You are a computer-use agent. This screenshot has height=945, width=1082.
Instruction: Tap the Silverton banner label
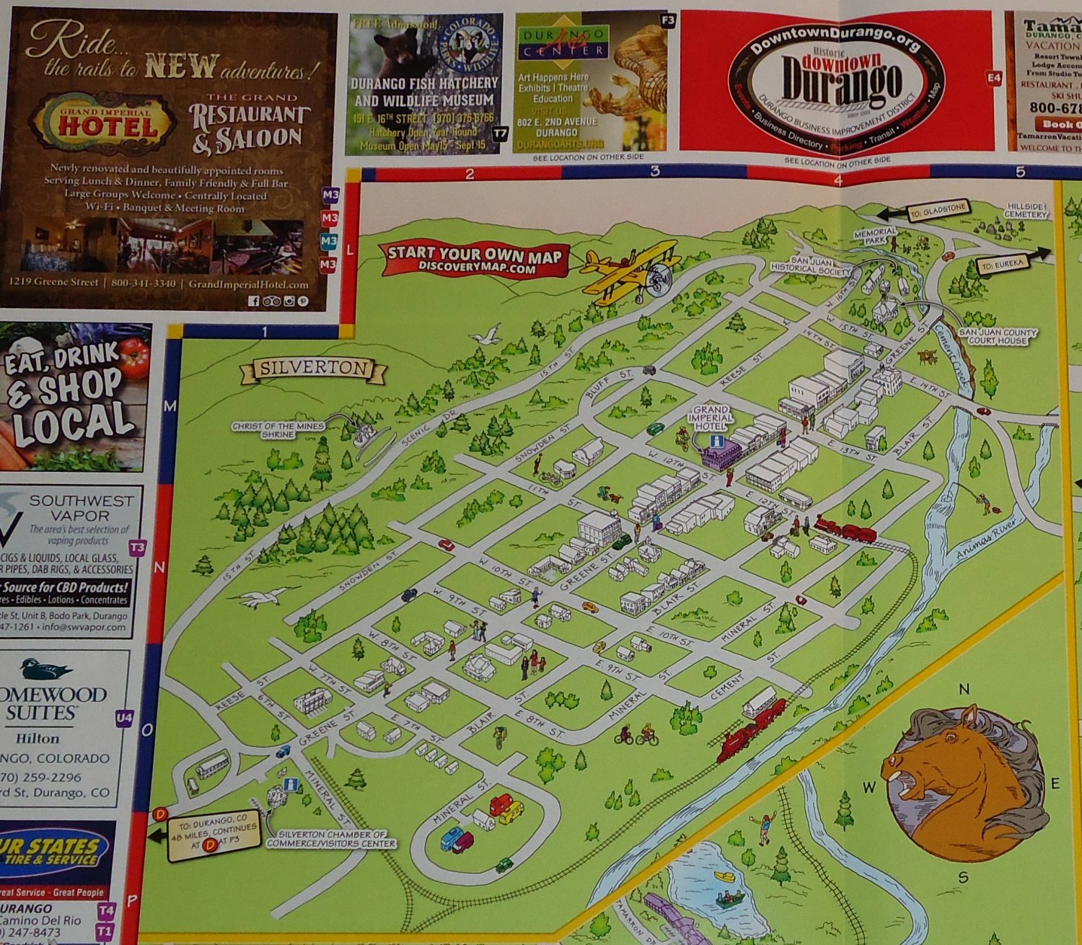313,368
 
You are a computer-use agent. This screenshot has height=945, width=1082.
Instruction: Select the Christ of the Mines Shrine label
278,430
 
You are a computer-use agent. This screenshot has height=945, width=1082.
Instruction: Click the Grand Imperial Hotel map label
711,418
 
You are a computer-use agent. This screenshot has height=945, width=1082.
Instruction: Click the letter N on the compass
964,690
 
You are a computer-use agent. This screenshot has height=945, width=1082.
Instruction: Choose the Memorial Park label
874,236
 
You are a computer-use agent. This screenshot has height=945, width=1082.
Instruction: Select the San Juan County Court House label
997,336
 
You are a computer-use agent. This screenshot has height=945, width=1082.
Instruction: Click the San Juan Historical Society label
810,264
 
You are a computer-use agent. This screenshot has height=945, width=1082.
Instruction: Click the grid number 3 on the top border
655,172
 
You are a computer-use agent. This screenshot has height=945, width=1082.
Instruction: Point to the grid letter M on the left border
170,407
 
